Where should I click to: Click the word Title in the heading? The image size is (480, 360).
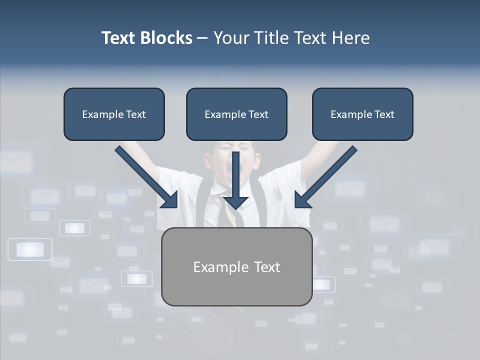click(272, 38)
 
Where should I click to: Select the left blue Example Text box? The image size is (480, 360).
click(114, 114)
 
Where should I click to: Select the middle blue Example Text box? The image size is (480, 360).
click(236, 114)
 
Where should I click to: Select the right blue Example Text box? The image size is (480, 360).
click(362, 114)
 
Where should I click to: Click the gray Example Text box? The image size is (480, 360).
click(236, 266)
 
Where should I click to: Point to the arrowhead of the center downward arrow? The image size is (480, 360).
click(235, 202)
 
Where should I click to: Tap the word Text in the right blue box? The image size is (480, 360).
click(384, 114)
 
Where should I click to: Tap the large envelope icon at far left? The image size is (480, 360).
click(30, 249)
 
